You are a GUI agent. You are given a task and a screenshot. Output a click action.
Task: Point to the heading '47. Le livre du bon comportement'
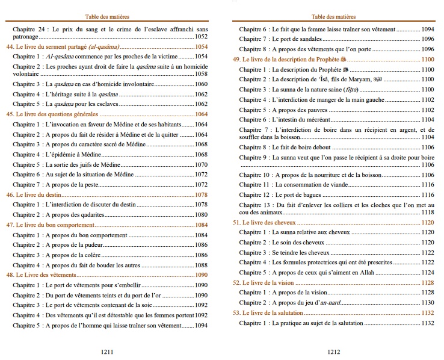(51, 225)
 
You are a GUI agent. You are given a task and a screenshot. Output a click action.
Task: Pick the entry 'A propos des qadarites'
(78, 215)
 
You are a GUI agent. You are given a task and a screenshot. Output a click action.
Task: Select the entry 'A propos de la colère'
(75, 255)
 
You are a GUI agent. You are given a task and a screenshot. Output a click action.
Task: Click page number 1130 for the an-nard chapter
(427, 302)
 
